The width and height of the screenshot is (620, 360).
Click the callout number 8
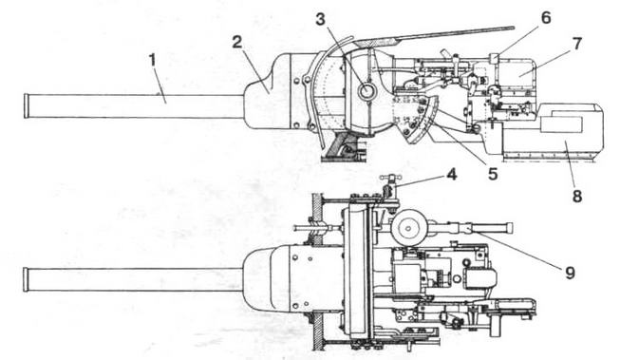575,197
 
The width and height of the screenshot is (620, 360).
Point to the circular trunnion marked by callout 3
366,91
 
